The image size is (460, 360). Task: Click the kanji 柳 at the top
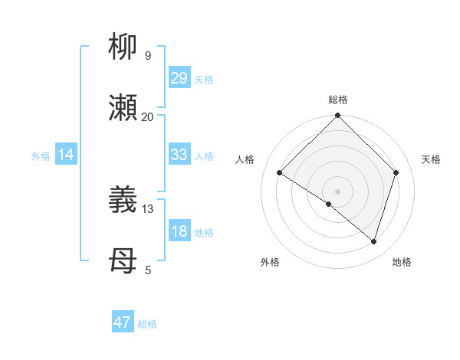tap(123, 47)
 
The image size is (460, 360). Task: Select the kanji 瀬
tap(123, 108)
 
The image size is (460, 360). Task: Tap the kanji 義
tap(123, 201)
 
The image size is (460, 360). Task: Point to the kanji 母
tap(123, 261)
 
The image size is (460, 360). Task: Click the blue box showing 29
tap(179, 78)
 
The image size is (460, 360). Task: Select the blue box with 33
tap(179, 155)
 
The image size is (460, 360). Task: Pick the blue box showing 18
tap(179, 231)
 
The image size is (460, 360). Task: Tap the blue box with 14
tap(66, 155)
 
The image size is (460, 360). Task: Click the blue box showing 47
tap(122, 322)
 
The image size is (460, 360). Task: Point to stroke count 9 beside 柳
tap(148, 56)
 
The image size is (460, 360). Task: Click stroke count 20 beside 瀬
tap(148, 116)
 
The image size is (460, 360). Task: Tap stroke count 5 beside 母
tap(148, 270)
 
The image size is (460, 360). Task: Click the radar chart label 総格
tap(338, 100)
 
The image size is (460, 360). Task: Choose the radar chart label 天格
tap(432, 159)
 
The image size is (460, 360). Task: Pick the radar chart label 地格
tap(402, 262)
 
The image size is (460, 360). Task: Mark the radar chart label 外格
tap(270, 262)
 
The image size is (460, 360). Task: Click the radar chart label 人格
tap(245, 159)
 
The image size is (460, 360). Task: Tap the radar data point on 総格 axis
tap(338, 116)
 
